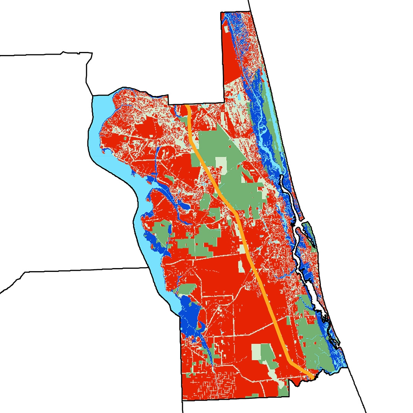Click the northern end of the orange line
[x=187, y=106]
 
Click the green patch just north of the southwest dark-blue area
[x=186, y=289]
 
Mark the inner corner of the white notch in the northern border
[x=223, y=102]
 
